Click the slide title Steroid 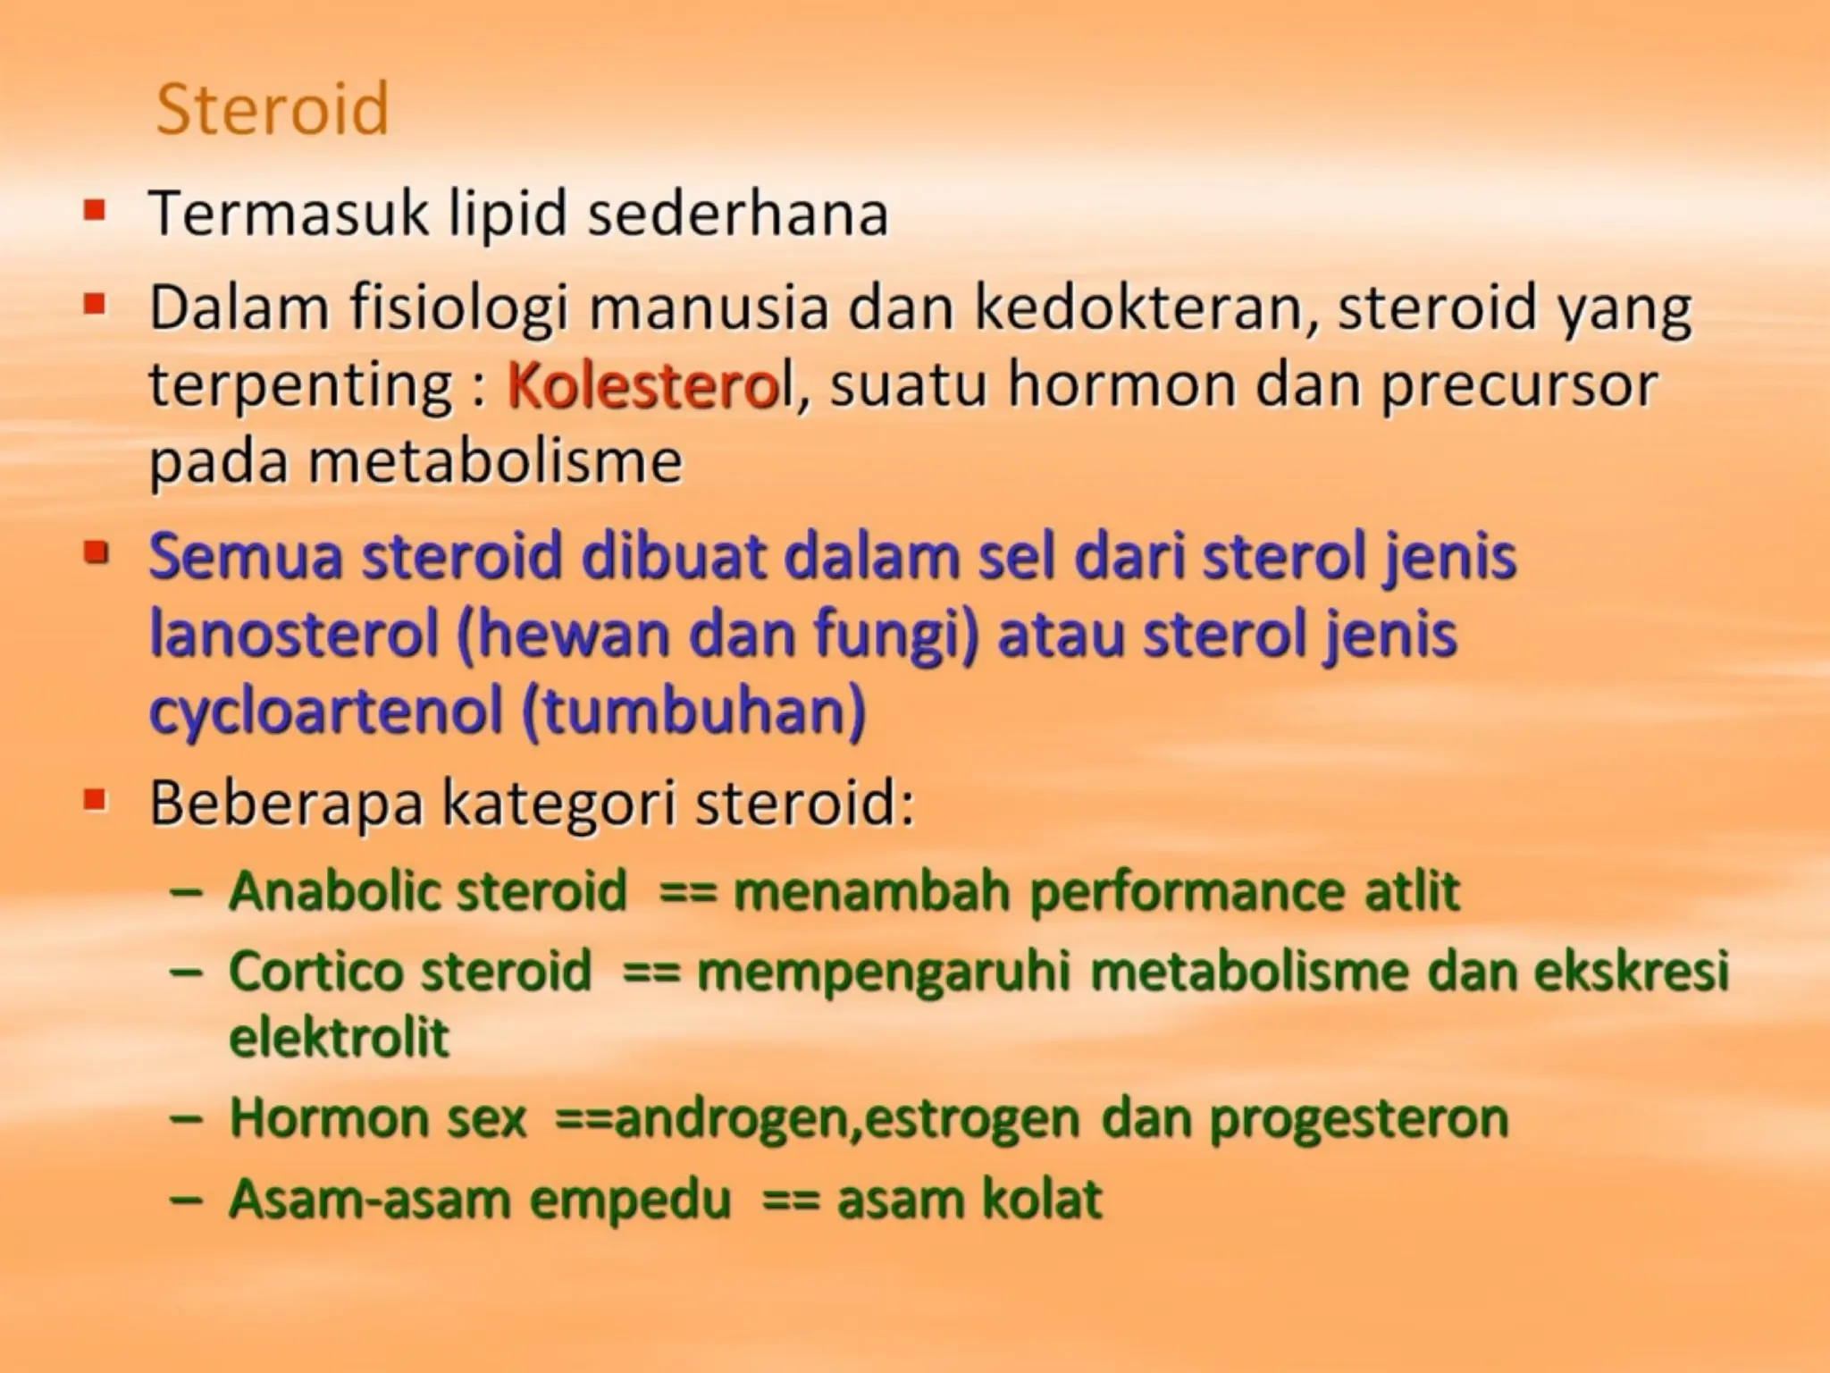coord(273,109)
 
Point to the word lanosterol coord(294,634)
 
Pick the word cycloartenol coord(326,712)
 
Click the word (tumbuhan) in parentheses coord(693,712)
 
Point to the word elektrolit coord(339,1037)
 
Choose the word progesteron coord(1358,1118)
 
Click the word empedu coord(630,1199)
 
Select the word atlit coord(1411,891)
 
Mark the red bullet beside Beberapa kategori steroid coord(95,798)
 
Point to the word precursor coord(1519,385)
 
